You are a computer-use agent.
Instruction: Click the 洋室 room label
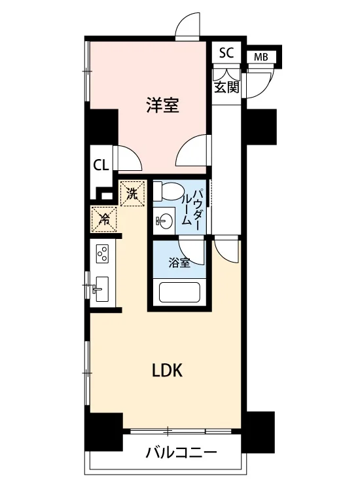pyautogui.click(x=163, y=105)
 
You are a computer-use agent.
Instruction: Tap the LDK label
pyautogui.click(x=167, y=371)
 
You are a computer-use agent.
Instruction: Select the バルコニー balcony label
pyautogui.click(x=181, y=452)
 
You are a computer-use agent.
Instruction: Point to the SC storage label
pyautogui.click(x=226, y=53)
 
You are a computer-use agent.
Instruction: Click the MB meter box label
pyautogui.click(x=261, y=58)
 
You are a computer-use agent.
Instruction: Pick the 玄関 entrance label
pyautogui.click(x=226, y=87)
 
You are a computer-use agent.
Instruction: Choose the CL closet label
pyautogui.click(x=101, y=165)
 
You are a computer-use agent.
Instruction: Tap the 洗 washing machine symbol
pyautogui.click(x=132, y=194)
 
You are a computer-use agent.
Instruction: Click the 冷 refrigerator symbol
pyautogui.click(x=104, y=219)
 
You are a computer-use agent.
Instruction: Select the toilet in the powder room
pyautogui.click(x=168, y=191)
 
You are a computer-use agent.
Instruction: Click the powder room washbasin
pyautogui.click(x=164, y=221)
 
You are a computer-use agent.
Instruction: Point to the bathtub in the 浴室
pyautogui.click(x=179, y=292)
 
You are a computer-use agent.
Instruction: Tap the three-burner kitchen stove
pyautogui.click(x=102, y=253)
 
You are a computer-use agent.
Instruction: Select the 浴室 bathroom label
pyautogui.click(x=179, y=263)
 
